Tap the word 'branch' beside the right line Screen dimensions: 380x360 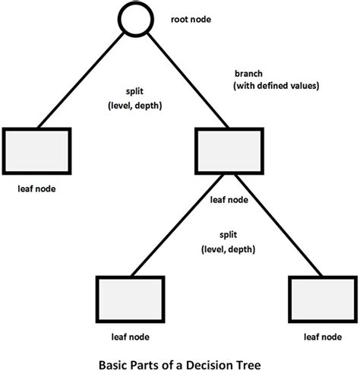(247, 74)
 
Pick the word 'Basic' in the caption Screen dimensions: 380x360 (114, 366)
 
